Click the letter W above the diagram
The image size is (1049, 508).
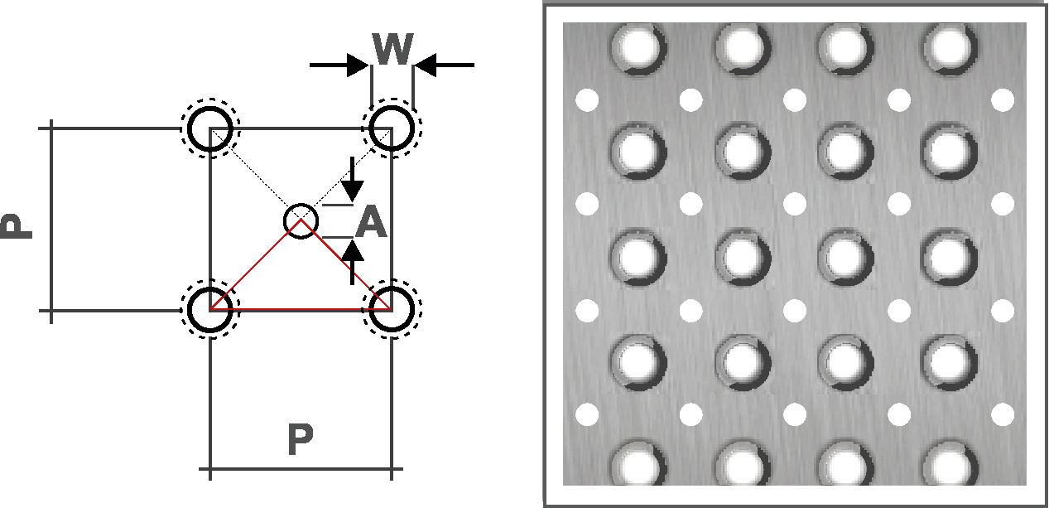[x=392, y=51]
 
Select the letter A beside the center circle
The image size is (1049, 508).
[x=372, y=223]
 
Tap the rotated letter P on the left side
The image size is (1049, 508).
[x=16, y=225]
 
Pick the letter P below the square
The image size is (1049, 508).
[x=301, y=442]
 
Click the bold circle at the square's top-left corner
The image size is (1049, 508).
[x=210, y=129]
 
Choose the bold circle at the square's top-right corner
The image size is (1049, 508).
[x=391, y=129]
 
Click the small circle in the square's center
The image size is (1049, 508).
[x=301, y=220]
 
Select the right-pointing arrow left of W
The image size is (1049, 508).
[x=339, y=65]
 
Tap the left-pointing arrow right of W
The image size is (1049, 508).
[x=444, y=65]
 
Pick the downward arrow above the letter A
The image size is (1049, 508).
[x=352, y=179]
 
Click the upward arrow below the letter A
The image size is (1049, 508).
[x=353, y=262]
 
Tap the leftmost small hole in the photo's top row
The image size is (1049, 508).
[x=586, y=100]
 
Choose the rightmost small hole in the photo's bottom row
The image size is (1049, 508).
[x=1003, y=414]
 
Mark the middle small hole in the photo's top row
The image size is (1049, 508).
[x=795, y=100]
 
